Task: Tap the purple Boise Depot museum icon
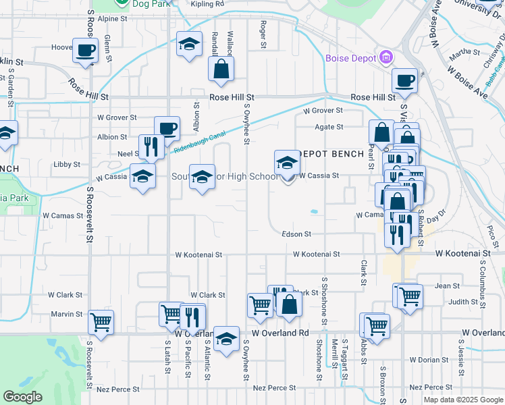(386, 56)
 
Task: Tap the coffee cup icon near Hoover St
(85, 51)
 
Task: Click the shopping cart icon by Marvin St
(101, 322)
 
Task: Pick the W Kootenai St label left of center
(198, 256)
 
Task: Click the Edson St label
(297, 234)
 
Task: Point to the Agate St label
(329, 127)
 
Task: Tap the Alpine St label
(112, 19)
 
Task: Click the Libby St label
(67, 164)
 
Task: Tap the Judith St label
(462, 302)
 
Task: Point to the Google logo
(22, 397)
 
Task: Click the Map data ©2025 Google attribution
(462, 400)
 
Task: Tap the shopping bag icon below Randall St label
(221, 68)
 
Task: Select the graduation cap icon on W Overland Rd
(226, 337)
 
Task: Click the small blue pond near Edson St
(315, 211)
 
